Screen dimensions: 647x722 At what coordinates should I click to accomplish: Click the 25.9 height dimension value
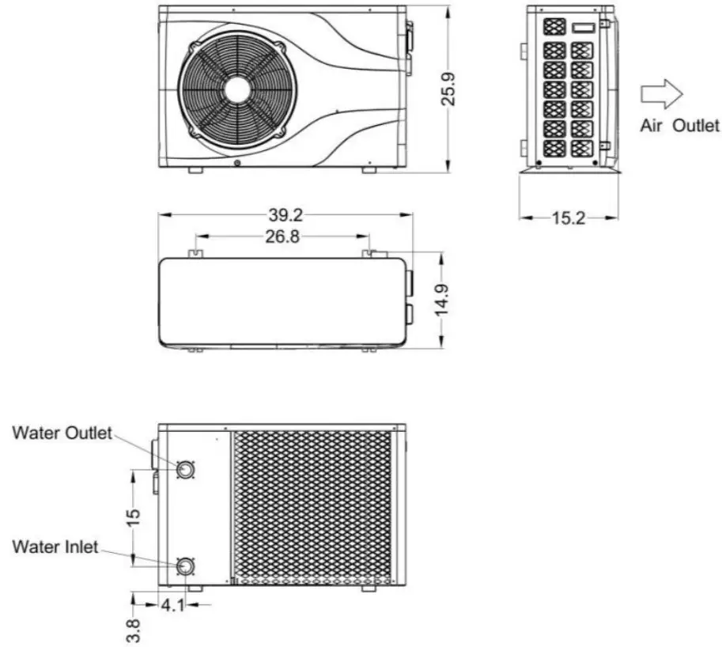(x=448, y=89)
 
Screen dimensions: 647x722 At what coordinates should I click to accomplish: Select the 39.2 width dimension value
(x=285, y=214)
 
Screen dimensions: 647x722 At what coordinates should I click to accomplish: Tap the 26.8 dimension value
(x=282, y=236)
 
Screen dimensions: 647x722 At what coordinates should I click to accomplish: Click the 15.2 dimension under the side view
(x=568, y=218)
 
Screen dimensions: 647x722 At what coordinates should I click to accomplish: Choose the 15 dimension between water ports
(x=133, y=516)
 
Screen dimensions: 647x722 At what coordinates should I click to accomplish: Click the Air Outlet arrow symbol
(x=660, y=93)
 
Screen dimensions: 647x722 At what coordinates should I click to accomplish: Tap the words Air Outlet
(x=679, y=126)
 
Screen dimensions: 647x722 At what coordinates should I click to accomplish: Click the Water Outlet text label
(x=62, y=433)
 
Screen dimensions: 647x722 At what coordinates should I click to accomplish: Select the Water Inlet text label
(x=55, y=547)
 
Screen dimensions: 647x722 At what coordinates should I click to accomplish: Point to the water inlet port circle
(x=186, y=566)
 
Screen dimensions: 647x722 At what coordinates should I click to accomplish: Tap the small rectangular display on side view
(x=584, y=27)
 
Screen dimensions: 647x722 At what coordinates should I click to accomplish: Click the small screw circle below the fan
(x=238, y=163)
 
